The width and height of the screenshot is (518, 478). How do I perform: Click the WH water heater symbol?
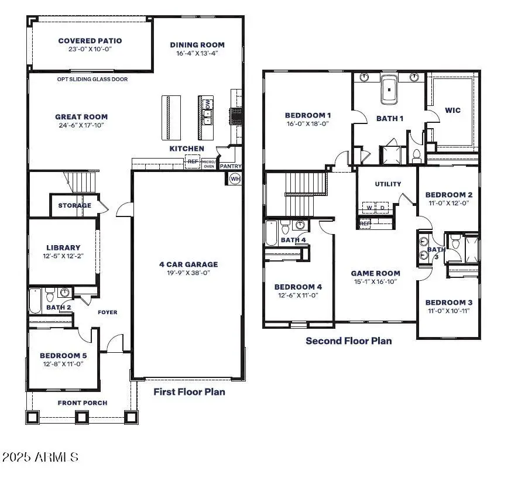(x=235, y=179)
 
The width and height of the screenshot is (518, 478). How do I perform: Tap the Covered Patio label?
(x=90, y=41)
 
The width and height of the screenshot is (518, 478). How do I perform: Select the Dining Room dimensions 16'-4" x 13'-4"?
(x=197, y=53)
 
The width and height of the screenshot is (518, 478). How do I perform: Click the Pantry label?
(x=231, y=166)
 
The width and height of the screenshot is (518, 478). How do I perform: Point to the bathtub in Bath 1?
(x=389, y=90)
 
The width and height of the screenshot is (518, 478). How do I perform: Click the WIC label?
(x=452, y=110)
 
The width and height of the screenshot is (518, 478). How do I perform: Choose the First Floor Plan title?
(x=189, y=392)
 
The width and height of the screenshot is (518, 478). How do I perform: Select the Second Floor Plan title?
(x=349, y=341)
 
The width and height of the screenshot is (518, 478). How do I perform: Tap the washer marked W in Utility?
(x=369, y=208)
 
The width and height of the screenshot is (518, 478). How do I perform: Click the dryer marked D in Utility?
(x=382, y=208)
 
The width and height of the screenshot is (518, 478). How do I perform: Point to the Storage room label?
(x=75, y=205)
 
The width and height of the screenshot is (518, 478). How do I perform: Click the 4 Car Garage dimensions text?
(x=188, y=273)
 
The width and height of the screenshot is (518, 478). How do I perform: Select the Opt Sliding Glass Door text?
(x=92, y=79)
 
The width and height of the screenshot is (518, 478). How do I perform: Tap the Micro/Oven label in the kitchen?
(x=209, y=164)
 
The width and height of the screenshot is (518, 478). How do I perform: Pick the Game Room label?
(x=376, y=273)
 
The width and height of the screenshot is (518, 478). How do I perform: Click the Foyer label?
(x=107, y=312)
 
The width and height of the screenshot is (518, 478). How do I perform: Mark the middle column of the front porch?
(x=81, y=417)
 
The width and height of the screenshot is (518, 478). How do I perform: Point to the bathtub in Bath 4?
(x=271, y=233)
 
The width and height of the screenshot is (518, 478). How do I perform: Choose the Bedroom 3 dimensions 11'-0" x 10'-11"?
(x=448, y=311)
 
